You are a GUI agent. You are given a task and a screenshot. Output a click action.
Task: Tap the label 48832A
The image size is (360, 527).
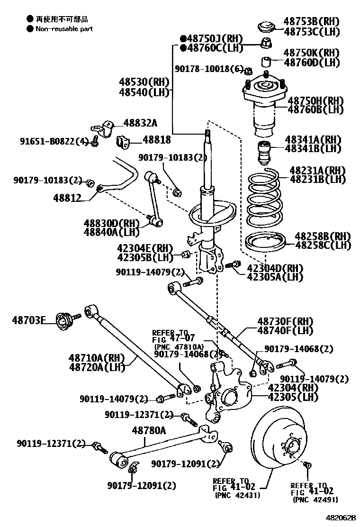click(x=140, y=123)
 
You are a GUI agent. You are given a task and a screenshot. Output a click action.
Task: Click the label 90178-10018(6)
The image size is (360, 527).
click(x=209, y=69)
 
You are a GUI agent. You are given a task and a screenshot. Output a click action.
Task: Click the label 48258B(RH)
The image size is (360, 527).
click(x=323, y=236)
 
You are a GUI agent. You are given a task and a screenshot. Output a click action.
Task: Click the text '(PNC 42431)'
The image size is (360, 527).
click(x=237, y=495)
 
